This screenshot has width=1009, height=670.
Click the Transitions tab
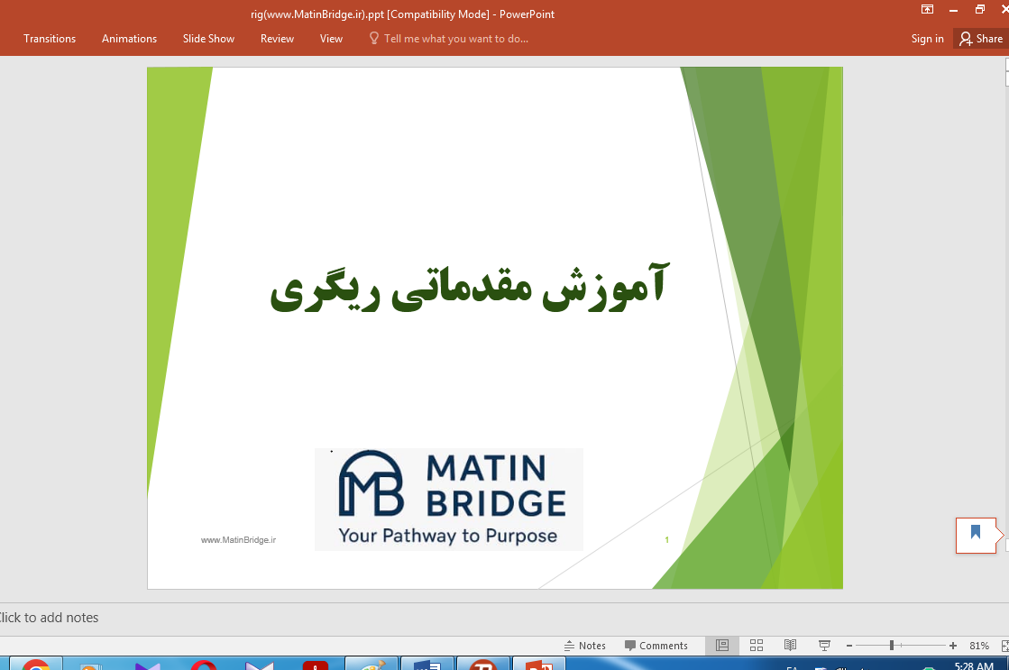50,39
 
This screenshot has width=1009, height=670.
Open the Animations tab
129,39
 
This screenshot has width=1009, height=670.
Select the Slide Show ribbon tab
208,39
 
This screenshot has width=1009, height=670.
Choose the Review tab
277,39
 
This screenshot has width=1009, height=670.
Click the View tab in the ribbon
331,39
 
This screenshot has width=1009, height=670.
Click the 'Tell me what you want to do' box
455,39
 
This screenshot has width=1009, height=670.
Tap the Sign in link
927,39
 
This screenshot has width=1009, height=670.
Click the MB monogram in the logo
370,483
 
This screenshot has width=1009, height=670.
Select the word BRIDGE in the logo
495,502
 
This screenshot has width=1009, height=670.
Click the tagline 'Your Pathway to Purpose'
447,536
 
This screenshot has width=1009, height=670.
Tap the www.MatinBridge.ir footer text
238,539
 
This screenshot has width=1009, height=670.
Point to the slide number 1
666,540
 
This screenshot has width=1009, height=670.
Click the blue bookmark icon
975,532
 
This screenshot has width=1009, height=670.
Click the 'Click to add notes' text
50,618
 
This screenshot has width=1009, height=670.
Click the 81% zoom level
979,646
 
